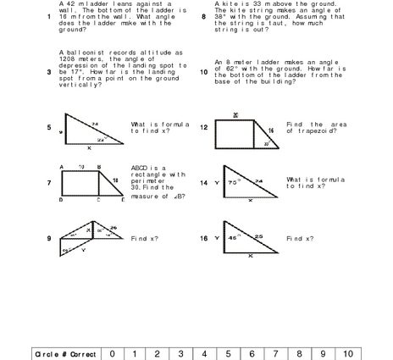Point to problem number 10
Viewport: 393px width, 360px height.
click(x=203, y=72)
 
